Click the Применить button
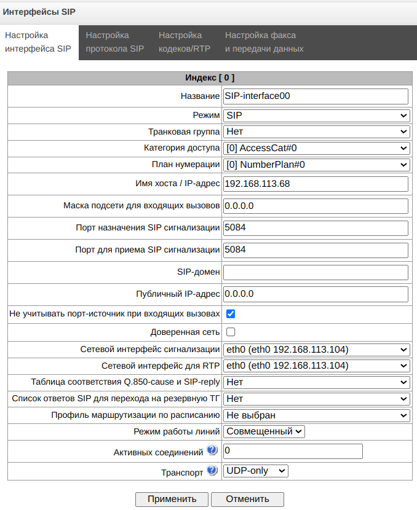[172, 498]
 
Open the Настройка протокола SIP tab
[114, 42]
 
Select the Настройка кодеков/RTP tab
[184, 42]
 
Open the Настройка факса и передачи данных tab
[264, 42]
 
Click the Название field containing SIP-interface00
[316, 96]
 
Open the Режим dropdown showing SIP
[316, 115]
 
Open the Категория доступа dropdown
[316, 148]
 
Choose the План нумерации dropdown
[316, 165]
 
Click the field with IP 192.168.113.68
[316, 184]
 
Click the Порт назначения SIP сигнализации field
[316, 228]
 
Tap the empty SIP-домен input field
[316, 272]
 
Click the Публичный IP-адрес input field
[316, 294]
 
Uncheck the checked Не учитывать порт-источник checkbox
[231, 314]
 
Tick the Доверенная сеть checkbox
[231, 332]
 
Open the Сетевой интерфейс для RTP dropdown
[316, 366]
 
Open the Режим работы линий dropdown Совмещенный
[264, 431]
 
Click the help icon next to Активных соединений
[212, 451]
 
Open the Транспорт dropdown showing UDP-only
[255, 471]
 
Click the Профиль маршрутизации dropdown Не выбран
[316, 415]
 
